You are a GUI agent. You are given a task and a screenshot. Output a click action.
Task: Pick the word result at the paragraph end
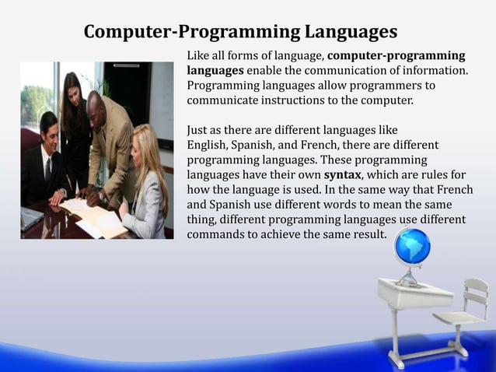[365, 233]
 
